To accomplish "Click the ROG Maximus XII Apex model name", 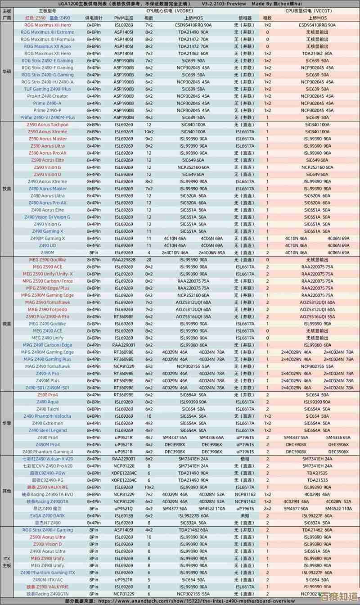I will pos(48,46).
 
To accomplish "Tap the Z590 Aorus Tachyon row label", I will pos(48,125).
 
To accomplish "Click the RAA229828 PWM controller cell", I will pos(124,260).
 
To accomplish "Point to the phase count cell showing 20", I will pos(148,260).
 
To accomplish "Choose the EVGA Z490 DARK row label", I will pos(48,516).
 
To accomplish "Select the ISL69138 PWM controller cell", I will pos(124,516).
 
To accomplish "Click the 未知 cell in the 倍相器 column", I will pos(245,516).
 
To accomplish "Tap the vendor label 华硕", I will pos(7,71).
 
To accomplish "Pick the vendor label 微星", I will pos(7,324).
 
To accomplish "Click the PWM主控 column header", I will pos(124,18).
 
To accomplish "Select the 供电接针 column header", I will pos(94,18).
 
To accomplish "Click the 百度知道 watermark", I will pos(338,596).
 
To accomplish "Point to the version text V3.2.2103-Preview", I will pos(224,4).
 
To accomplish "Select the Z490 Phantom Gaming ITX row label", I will pos(48,573).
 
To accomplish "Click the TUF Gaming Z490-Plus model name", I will pos(48,89).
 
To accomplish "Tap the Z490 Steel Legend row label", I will pos(48,430).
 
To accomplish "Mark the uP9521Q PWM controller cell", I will pos(124,509).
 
